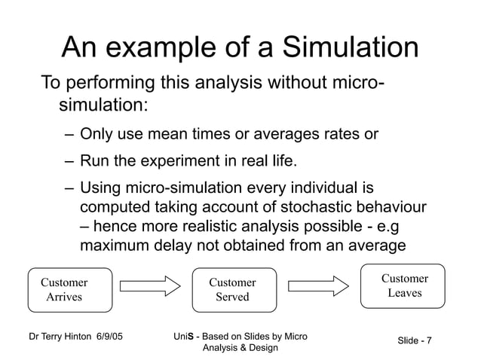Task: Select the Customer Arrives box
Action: (x=64, y=290)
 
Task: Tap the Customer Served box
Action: (x=232, y=290)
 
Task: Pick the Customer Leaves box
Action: (x=405, y=285)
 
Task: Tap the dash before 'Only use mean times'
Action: (x=69, y=136)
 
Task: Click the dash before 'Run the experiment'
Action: (x=69, y=160)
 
